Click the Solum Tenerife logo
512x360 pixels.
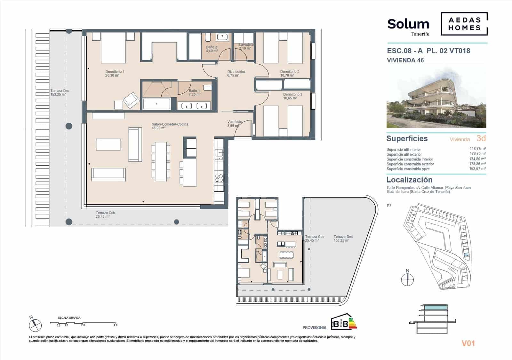(408, 26)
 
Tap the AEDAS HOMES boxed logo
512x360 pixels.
(464, 24)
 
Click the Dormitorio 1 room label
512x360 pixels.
(115, 74)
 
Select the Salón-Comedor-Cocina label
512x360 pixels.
(170, 126)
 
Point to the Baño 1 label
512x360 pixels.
(194, 93)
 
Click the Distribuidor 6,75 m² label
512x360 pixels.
(236, 74)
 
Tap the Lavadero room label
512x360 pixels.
(246, 46)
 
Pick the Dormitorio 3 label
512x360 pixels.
(292, 96)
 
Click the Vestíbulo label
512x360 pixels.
(234, 124)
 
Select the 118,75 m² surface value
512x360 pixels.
(477, 149)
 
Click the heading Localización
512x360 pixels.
(409, 180)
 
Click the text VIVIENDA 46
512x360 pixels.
(405, 60)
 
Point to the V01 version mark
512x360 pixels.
(468, 343)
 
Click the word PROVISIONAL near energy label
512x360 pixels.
(315, 328)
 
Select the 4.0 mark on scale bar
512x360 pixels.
(115, 325)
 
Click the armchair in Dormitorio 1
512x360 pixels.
(131, 100)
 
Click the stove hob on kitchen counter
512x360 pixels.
(219, 178)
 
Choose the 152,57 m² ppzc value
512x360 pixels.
(477, 168)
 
